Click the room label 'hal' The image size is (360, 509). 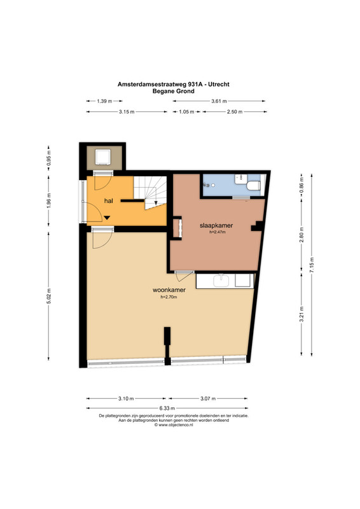tap(108, 201)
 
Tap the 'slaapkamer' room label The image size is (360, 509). tap(216, 226)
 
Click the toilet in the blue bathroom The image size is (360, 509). tap(254, 185)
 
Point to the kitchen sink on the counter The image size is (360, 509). tap(221, 281)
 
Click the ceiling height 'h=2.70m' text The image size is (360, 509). tap(169, 296)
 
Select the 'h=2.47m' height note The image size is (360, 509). tap(218, 232)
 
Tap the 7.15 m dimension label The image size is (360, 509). tap(312, 265)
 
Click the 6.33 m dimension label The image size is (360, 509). tap(167, 408)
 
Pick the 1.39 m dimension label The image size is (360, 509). tap(104, 101)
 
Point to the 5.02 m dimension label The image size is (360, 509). tap(49, 296)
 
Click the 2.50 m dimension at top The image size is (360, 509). tap(235, 112)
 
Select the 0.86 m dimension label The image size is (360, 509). tap(302, 184)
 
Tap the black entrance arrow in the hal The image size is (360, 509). tap(107, 218)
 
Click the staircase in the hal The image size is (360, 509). tap(150, 193)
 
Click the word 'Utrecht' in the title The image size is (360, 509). tap(219, 84)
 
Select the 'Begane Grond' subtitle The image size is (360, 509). tap(174, 91)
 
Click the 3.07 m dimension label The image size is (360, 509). tap(208, 398)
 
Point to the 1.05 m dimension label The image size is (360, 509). tap(186, 112)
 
